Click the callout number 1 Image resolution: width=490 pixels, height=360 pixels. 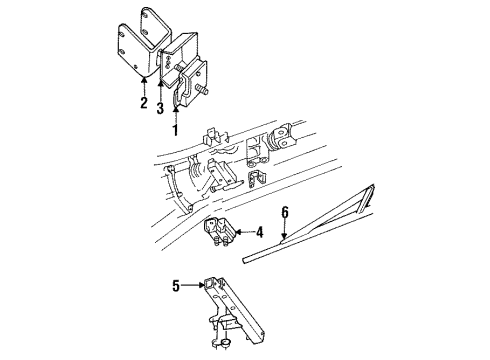click(175, 128)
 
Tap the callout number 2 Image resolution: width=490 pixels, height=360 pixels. click(143, 102)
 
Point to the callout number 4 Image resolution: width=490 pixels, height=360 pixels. click(258, 233)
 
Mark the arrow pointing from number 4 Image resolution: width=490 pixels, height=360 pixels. click(243, 233)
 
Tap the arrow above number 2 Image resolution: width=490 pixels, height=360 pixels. click(143, 84)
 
